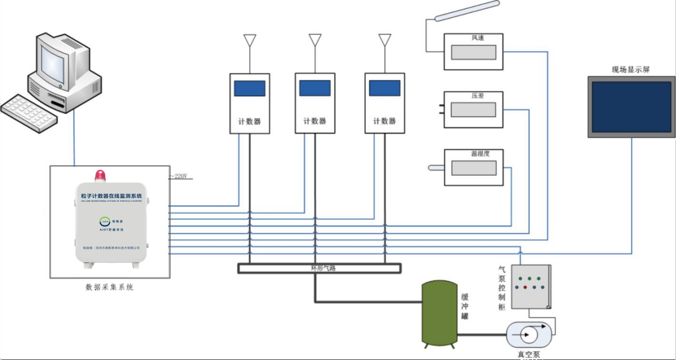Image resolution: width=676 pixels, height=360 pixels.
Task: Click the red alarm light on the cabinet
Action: pos(100,176)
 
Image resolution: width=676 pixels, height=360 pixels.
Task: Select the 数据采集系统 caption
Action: pos(109,288)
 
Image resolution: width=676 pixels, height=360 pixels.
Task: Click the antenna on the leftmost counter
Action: pos(249,41)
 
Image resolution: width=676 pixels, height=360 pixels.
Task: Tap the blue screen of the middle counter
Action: pos(315,88)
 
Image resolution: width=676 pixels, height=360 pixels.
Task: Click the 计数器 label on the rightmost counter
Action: pos(384,121)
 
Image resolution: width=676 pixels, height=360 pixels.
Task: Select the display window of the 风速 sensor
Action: pos(474,52)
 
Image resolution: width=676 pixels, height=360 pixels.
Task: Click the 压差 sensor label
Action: pos(477,96)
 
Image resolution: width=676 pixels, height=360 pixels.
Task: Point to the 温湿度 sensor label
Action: pos(479,154)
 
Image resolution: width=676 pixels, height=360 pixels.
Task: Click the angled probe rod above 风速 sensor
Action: pos(467,11)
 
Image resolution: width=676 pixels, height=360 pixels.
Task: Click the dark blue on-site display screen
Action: pos(631,107)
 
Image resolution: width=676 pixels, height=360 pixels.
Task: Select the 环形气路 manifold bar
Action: pos(319,268)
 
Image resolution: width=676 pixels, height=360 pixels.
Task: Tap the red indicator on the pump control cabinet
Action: pos(525,287)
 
